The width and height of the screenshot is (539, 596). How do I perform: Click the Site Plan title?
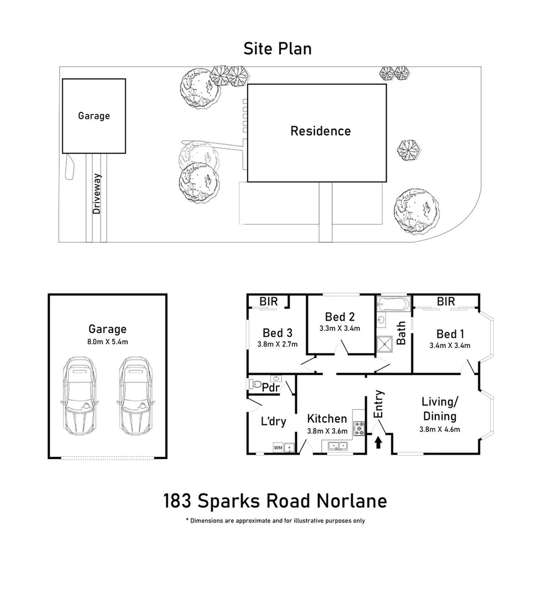(277, 49)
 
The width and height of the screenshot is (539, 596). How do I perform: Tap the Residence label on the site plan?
(321, 131)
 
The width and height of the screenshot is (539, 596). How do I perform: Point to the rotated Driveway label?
(97, 194)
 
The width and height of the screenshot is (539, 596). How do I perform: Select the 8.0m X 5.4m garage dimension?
(108, 342)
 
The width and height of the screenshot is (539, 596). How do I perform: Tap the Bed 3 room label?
(277, 333)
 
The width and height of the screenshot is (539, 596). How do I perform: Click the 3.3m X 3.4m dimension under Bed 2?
(339, 328)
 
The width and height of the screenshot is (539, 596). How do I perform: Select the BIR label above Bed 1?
(446, 301)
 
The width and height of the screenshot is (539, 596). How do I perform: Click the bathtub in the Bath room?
(393, 305)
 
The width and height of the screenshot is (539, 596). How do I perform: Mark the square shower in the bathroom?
(386, 343)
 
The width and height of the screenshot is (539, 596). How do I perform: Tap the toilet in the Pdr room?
(255, 383)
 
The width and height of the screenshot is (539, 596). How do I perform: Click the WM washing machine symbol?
(277, 448)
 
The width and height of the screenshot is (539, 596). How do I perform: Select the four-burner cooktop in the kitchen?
(359, 427)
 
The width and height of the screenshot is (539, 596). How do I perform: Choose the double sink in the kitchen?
(337, 446)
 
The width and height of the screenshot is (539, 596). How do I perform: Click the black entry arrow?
(378, 443)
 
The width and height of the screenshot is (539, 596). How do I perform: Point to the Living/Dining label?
(439, 409)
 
